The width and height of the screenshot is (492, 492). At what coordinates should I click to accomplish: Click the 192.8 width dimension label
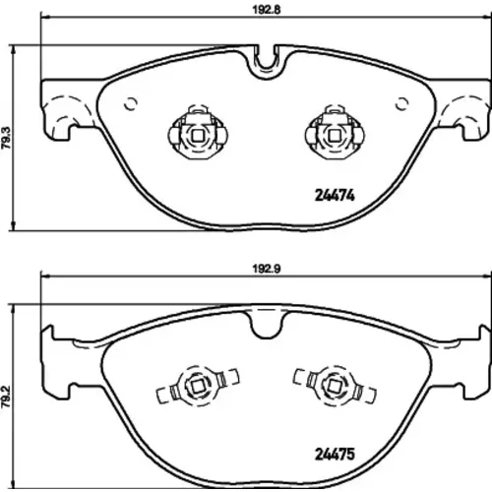pos(266,10)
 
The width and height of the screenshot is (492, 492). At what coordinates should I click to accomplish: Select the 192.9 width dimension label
pos(266,269)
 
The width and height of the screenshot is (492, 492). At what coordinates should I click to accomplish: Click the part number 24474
pos(335,196)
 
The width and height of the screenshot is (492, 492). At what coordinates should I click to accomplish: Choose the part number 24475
pos(335,455)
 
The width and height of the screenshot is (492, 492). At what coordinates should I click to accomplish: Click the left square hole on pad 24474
pos(198,136)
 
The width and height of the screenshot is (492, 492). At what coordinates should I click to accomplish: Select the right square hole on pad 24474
pos(335,136)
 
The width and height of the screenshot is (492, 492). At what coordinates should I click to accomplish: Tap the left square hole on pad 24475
pos(198,386)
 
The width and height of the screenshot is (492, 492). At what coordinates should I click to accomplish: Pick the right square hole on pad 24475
pos(335,386)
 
